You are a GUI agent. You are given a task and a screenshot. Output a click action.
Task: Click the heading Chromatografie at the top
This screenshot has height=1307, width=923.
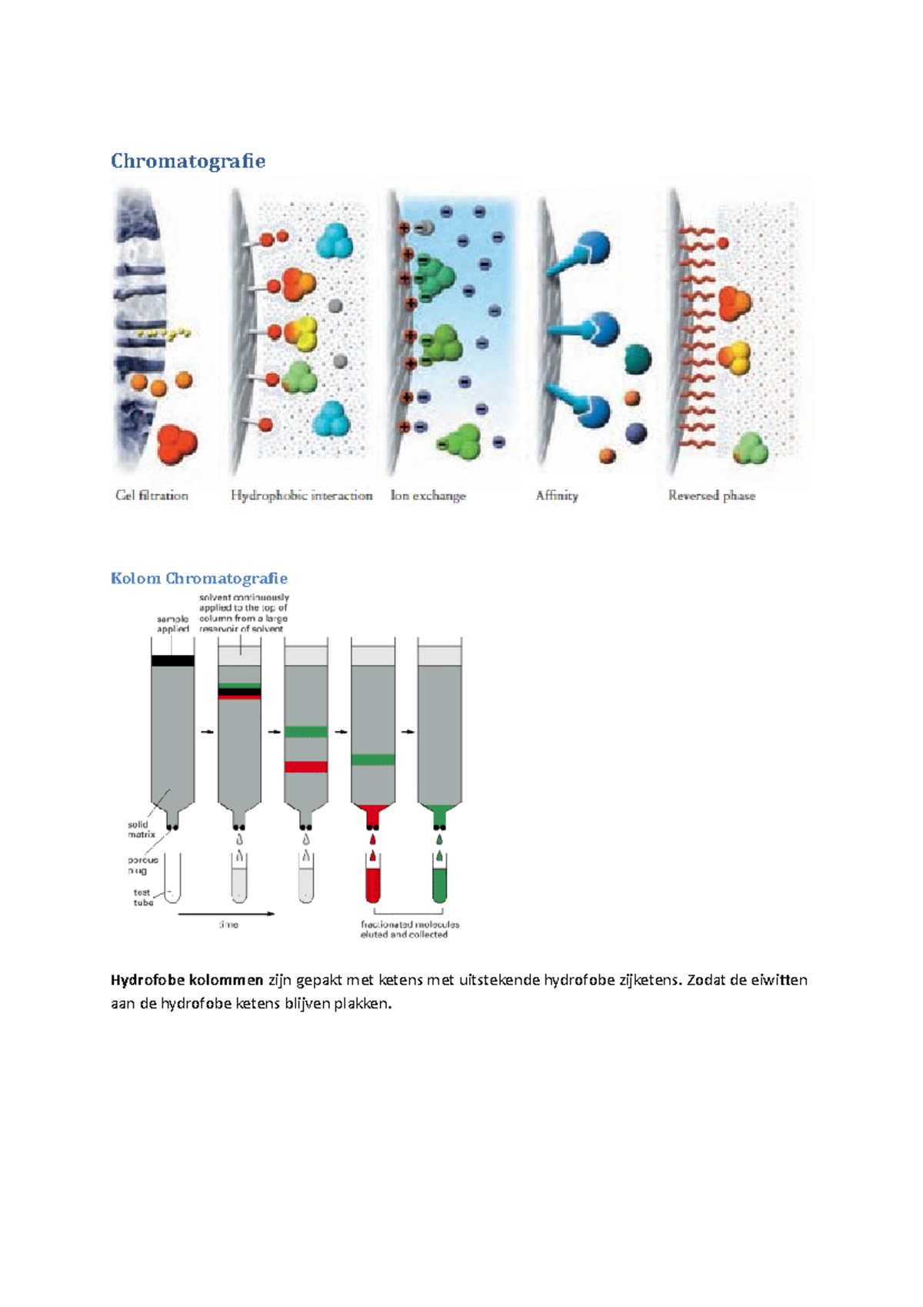pos(188,161)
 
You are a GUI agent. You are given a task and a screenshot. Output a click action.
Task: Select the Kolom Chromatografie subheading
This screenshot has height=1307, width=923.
pos(198,578)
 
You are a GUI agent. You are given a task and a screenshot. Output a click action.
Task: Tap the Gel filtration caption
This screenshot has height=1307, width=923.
pos(152,496)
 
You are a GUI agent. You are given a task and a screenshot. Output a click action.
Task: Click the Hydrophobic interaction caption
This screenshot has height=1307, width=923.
pos(302,496)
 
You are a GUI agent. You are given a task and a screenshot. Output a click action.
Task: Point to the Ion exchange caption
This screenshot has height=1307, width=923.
pos(428,496)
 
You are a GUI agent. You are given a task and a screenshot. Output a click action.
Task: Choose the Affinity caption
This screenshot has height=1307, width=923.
pos(557,496)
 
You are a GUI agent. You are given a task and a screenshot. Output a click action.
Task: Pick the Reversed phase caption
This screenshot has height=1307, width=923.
pos(711,496)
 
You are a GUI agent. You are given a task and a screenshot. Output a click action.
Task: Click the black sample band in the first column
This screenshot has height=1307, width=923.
pos(172,660)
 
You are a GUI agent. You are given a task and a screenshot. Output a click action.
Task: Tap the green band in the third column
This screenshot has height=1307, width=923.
pos(306,732)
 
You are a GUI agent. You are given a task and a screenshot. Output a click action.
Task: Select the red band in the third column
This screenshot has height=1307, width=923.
pos(306,767)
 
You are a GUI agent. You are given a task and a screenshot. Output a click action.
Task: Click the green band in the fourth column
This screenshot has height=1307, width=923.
pos(373,760)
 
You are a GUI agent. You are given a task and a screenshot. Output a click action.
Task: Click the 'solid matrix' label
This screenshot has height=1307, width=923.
pos(141,829)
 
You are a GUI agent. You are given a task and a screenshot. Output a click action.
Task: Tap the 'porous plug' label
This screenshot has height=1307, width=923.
pos(142,865)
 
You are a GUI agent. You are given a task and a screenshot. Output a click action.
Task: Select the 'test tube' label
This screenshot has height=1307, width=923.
pos(143,898)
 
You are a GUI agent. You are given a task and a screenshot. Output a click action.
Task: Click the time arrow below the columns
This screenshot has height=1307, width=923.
pos(226,914)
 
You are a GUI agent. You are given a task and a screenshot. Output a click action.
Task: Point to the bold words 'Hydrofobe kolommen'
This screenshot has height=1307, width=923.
pos(187,980)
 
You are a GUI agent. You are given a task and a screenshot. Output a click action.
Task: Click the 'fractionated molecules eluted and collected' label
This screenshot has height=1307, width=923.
pos(409,929)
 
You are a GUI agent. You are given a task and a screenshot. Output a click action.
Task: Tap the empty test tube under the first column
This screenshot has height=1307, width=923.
pos(172,877)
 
